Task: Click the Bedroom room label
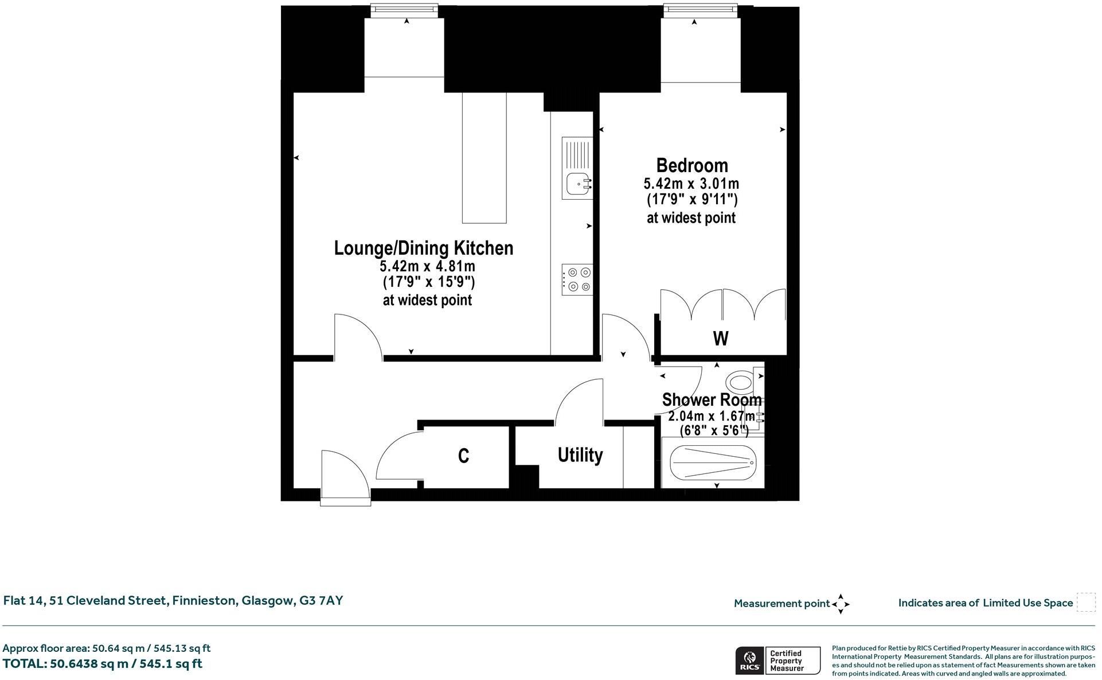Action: pos(691,165)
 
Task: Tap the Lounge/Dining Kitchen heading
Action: pos(424,248)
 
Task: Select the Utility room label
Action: pos(580,455)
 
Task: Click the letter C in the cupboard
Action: pos(463,456)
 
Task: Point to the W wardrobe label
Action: pos(721,339)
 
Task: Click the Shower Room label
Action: pos(712,399)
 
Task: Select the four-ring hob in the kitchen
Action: pos(577,279)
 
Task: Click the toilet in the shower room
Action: pos(740,381)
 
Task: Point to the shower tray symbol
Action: pos(713,463)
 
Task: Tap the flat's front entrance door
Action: pos(345,478)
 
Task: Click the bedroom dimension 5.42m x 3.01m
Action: pos(691,184)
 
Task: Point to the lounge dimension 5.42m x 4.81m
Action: pos(427,266)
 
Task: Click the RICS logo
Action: pos(749,660)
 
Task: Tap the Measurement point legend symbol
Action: pos(841,604)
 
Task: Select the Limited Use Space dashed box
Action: pos(1085,603)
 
